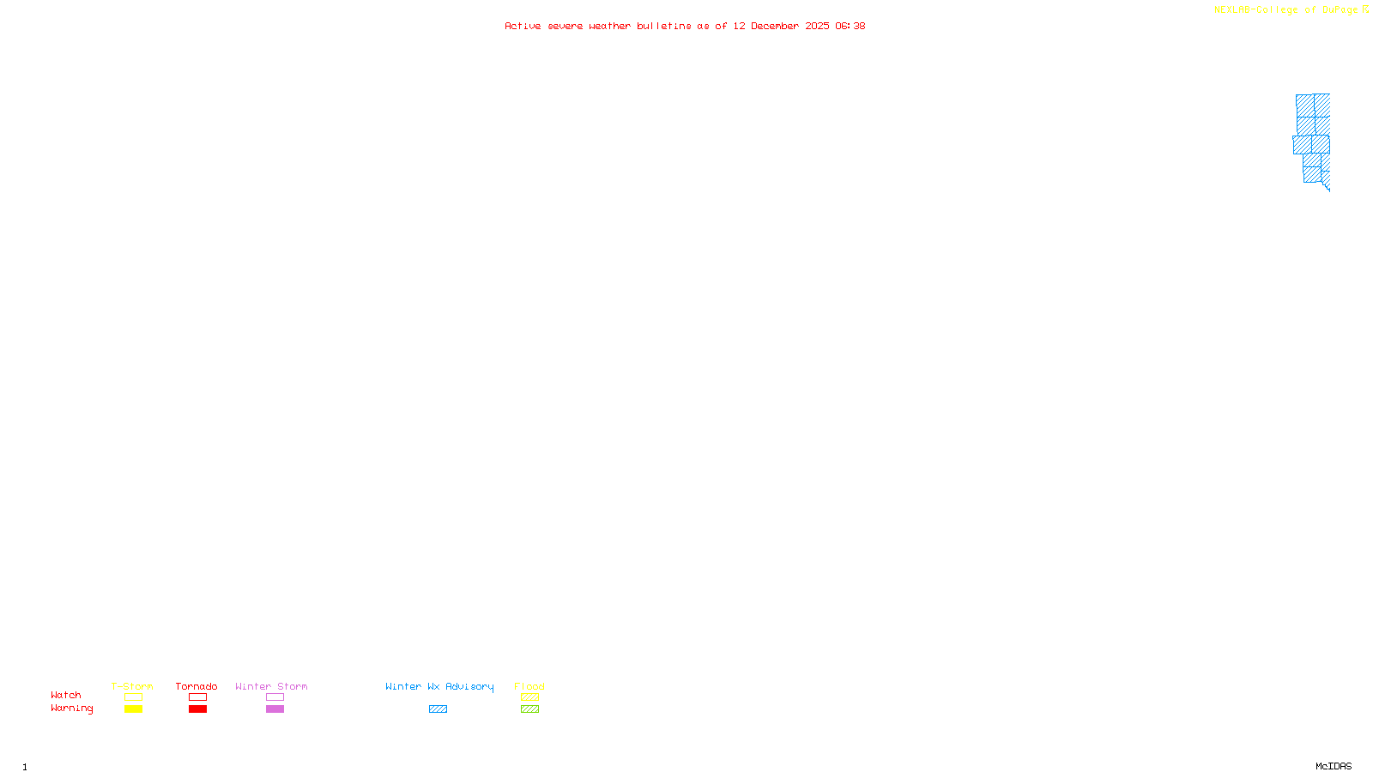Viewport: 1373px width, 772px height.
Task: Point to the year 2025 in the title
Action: coord(817,27)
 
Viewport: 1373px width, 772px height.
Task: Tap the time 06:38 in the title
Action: coord(850,27)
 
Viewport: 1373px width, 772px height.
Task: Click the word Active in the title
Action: coord(523,27)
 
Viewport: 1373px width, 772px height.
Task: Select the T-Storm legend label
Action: coord(132,686)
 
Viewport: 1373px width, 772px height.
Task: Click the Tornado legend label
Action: coord(197,686)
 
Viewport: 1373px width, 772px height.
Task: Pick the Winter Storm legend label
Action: coord(271,686)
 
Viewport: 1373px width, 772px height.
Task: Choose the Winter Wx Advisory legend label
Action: coord(439,686)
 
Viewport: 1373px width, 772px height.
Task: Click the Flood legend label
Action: coord(529,686)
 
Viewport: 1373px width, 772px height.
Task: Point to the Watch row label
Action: coord(66,695)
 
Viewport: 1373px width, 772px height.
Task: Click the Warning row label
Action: coord(72,709)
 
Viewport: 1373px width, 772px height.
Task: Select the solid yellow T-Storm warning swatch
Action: coord(133,709)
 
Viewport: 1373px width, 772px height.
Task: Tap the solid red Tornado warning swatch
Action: coord(198,709)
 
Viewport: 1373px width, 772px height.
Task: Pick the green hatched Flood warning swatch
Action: coord(529,709)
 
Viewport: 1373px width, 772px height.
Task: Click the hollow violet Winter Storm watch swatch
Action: coord(275,697)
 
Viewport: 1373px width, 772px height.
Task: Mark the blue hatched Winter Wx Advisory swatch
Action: coord(438,709)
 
